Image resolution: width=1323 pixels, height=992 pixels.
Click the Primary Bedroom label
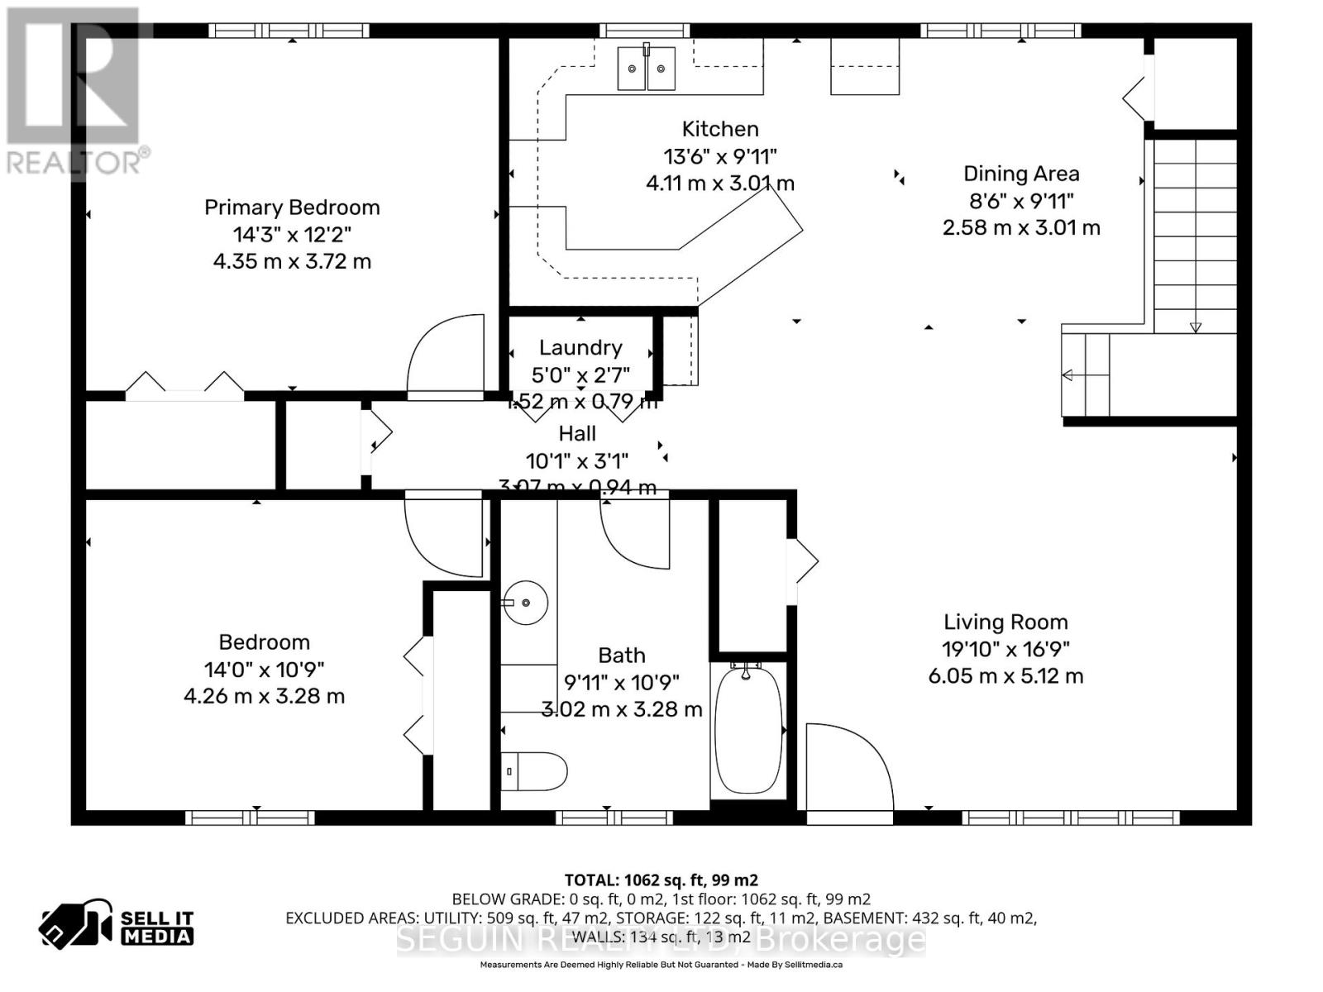tap(292, 207)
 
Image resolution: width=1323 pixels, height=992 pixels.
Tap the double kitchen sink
tap(647, 68)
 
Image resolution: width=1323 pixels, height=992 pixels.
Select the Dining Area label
tap(1021, 174)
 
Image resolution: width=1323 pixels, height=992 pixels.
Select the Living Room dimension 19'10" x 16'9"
tap(1005, 649)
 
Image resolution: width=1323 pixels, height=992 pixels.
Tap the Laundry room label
tap(580, 348)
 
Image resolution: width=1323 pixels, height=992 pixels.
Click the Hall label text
tap(577, 433)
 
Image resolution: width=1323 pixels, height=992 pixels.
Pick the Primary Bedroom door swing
tap(447, 355)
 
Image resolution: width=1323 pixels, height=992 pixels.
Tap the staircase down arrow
tap(1196, 327)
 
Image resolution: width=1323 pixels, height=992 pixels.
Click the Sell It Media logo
tap(116, 928)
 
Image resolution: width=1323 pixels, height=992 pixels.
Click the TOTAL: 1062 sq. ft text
tap(661, 880)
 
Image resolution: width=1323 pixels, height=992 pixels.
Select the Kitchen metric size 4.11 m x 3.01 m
tap(720, 184)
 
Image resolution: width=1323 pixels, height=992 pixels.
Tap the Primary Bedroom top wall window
tap(289, 31)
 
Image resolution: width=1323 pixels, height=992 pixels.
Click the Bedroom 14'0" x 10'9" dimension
tap(264, 669)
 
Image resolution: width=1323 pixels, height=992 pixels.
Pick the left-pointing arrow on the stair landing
tap(1067, 375)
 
